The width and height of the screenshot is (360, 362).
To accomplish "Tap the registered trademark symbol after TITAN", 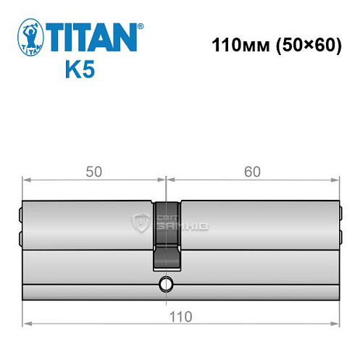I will pos(140,25).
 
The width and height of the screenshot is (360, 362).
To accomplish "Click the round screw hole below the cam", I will pos(166,284).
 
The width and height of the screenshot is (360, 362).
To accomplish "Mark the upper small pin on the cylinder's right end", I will pos(339,214).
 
